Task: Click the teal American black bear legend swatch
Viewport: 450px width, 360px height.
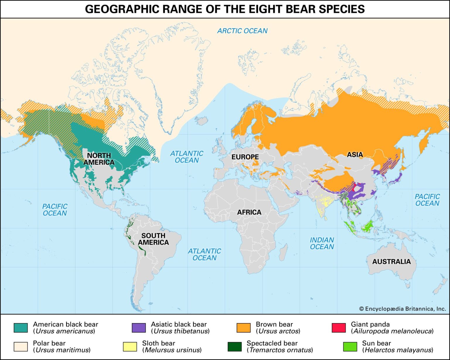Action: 21,328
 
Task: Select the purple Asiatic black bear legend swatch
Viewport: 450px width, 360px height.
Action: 139,328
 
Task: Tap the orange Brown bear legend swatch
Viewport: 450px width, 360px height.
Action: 243,328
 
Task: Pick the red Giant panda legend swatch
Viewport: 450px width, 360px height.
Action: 339,328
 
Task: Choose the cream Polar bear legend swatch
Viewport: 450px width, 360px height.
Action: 21,347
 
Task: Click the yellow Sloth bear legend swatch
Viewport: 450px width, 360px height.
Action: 130,347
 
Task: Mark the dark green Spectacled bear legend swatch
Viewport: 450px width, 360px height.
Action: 234,347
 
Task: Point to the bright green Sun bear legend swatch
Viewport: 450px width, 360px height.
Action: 350,347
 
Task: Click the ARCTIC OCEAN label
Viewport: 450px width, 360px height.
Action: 242,31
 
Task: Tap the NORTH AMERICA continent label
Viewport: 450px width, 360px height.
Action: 99,159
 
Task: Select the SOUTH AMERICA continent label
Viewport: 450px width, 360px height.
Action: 153,239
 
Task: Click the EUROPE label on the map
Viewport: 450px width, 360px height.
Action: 245,157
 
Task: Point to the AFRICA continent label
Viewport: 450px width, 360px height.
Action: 249,212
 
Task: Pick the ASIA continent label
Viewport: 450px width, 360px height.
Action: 355,155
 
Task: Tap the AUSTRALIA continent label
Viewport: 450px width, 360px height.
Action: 391,262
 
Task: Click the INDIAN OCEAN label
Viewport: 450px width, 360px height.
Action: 322,243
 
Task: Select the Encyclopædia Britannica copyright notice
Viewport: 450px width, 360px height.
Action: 403,309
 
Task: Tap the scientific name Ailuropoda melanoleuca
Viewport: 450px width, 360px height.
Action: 393,331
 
